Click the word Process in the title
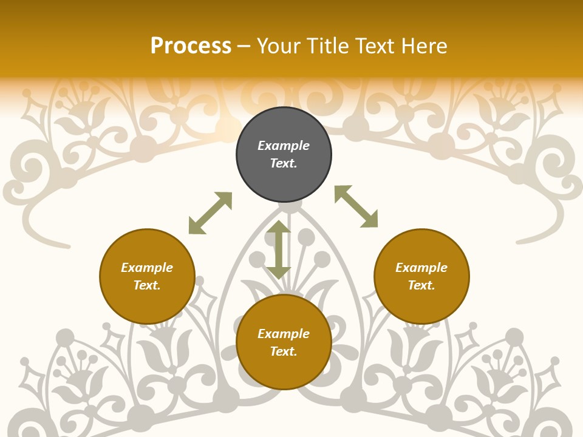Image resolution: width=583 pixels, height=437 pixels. [191, 46]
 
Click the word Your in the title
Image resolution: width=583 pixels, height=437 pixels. [280, 46]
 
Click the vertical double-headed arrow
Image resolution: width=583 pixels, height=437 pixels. [279, 250]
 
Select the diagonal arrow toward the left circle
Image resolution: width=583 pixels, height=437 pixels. [210, 213]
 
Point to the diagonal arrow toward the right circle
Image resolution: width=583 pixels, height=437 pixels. [356, 206]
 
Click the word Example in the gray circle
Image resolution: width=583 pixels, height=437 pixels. [284, 146]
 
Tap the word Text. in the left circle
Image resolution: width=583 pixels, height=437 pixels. [147, 285]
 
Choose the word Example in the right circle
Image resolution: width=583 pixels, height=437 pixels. [421, 268]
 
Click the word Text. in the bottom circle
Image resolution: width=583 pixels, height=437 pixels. [284, 351]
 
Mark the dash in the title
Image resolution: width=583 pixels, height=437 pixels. [244, 46]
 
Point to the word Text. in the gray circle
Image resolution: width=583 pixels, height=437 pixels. [284, 163]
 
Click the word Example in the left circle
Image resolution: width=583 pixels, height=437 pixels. [147, 268]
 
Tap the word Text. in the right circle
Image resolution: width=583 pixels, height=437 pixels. [421, 285]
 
